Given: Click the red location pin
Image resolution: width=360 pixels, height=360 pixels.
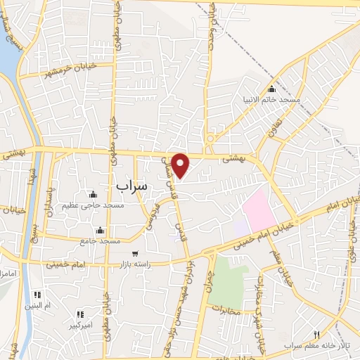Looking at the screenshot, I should [181, 165].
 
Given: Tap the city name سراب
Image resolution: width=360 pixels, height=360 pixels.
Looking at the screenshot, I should [130, 186].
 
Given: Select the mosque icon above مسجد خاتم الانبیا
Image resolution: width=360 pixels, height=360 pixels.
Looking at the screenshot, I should [272, 89].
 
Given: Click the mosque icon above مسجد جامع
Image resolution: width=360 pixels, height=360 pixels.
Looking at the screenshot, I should [101, 230].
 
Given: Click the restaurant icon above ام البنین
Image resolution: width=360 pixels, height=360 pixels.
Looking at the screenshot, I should [38, 295].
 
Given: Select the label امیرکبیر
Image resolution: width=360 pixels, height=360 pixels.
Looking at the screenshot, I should [78, 326].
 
